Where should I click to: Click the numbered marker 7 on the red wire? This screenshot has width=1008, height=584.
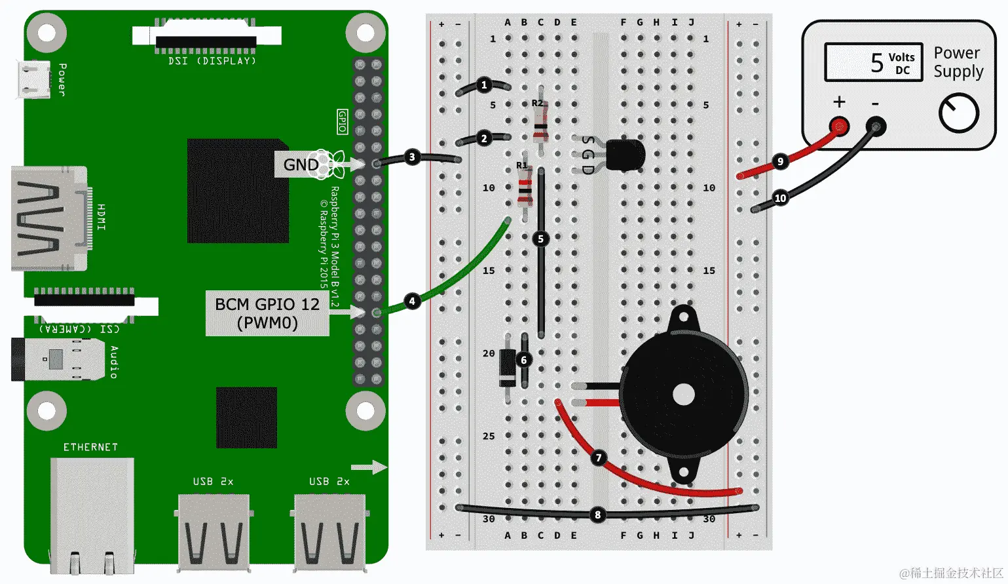599,457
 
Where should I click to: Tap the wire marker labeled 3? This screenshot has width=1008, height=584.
412,157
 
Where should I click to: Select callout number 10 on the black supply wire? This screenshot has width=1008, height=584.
780,198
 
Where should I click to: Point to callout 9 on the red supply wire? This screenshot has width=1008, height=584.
780,161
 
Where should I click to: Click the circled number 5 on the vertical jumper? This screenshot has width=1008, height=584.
541,239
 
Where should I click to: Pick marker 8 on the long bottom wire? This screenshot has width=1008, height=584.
597,515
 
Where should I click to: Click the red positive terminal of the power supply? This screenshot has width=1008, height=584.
839,125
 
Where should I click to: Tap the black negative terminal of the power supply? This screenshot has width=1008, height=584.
876,125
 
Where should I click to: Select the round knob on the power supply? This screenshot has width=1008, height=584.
958,113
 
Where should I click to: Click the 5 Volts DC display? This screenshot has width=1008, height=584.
874,62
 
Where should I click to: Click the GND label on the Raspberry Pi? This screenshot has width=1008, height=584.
301,165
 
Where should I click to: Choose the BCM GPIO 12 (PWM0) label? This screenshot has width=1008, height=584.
267,313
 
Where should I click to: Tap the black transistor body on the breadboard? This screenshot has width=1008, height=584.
625,156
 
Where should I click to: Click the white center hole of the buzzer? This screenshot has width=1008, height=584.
684,395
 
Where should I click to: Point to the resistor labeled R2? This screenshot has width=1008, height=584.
540,123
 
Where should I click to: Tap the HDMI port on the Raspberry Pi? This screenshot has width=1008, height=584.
49,218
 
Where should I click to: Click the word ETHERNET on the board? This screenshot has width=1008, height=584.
90,447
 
